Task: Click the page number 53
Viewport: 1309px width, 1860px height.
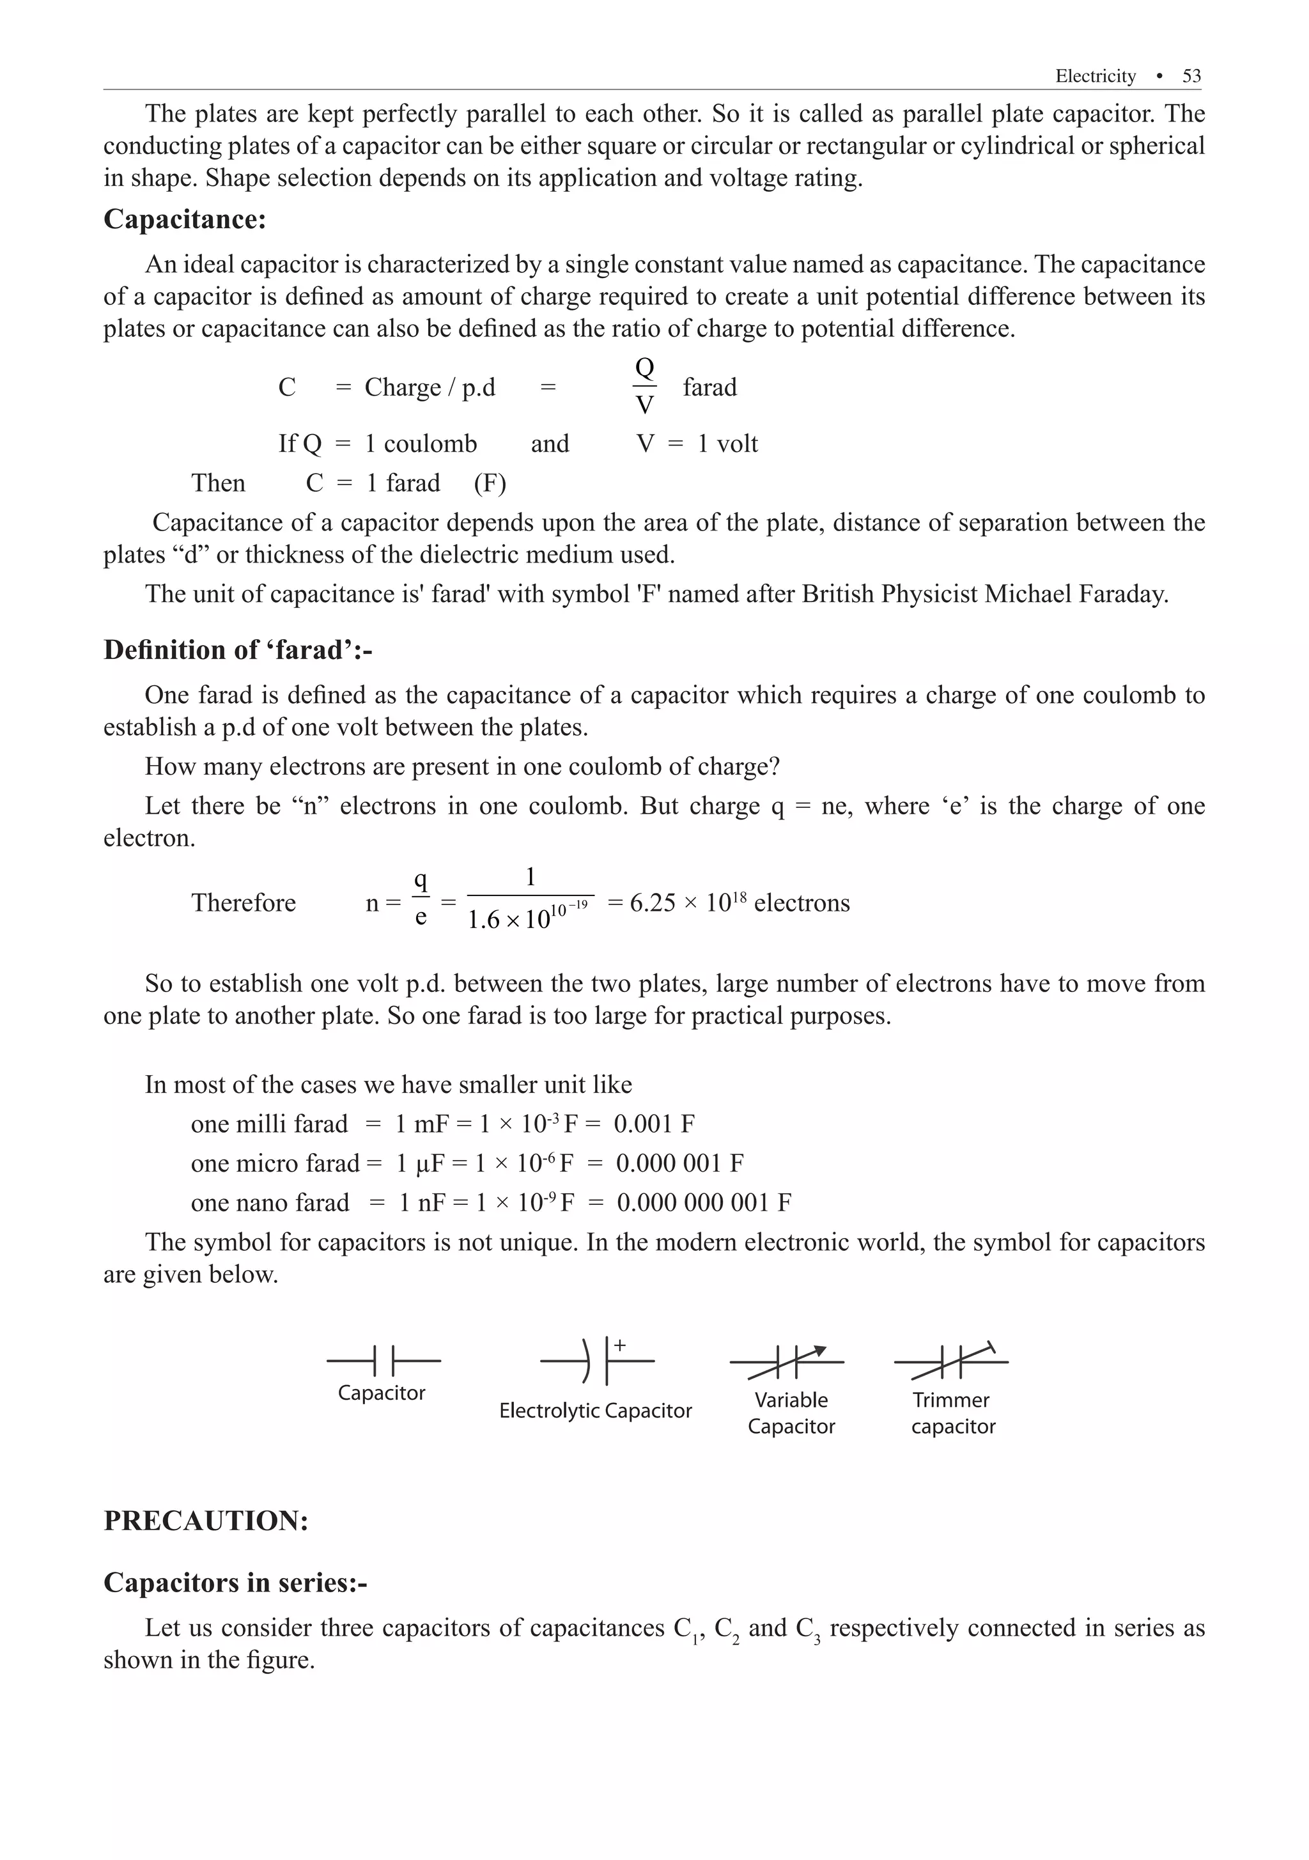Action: tap(1191, 76)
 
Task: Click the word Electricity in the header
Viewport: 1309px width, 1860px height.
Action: tap(1095, 76)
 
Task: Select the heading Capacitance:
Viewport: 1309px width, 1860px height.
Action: tap(185, 219)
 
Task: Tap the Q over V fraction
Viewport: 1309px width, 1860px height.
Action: tap(644, 387)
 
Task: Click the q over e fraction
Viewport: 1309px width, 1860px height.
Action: tap(421, 899)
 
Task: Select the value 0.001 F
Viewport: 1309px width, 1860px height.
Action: tap(654, 1124)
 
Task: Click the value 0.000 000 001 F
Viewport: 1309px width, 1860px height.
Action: tap(704, 1202)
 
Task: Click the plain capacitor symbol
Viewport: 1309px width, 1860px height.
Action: tap(383, 1361)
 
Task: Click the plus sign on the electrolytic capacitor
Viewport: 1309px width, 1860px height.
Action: tap(620, 1345)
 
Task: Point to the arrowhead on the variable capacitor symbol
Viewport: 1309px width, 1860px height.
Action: tap(820, 1351)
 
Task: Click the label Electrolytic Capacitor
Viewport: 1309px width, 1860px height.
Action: tap(595, 1411)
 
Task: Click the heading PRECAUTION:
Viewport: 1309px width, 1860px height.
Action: tap(206, 1521)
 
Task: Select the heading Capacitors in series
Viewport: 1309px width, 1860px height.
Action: tap(235, 1582)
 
